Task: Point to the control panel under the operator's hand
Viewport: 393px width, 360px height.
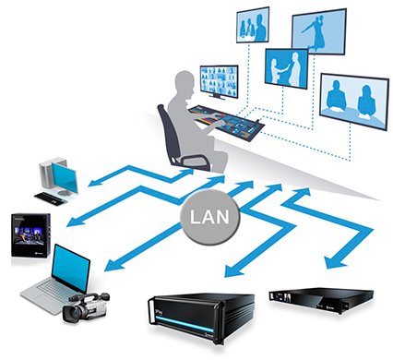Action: (222, 119)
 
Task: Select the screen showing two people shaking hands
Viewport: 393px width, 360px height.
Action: (286, 67)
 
